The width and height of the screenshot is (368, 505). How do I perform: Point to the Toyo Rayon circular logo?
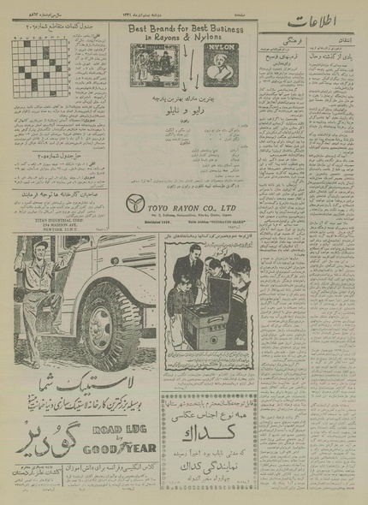coord(134,229)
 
